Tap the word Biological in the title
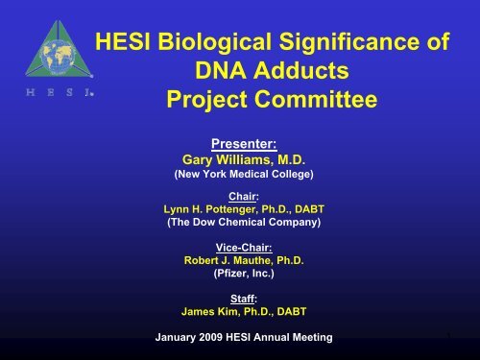[x=214, y=42]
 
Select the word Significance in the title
[x=349, y=42]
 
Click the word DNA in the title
[x=221, y=70]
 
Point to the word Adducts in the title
[x=300, y=70]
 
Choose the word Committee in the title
[x=316, y=99]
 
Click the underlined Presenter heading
[x=244, y=144]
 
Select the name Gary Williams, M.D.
[x=244, y=159]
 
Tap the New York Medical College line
[x=244, y=174]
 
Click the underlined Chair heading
[x=244, y=196]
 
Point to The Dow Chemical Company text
[x=244, y=222]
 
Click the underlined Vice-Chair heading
[x=244, y=248]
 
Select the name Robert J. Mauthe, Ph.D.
[x=244, y=260]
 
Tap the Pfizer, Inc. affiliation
[x=244, y=274]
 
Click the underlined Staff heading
[x=244, y=299]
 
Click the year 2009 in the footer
[x=210, y=337]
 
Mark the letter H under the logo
[x=31, y=92]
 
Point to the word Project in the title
[x=206, y=99]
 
